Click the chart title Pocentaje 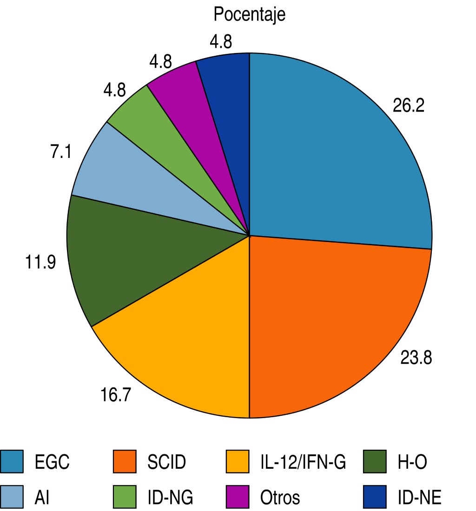pyautogui.click(x=249, y=14)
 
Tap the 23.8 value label pyautogui.click(x=416, y=358)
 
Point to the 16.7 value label pyautogui.click(x=116, y=396)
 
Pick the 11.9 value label pyautogui.click(x=40, y=262)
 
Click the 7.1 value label pyautogui.click(x=61, y=152)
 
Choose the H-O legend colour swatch pyautogui.click(x=375, y=461)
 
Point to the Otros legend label pyautogui.click(x=279, y=498)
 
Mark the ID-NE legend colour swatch pyautogui.click(x=375, y=497)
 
